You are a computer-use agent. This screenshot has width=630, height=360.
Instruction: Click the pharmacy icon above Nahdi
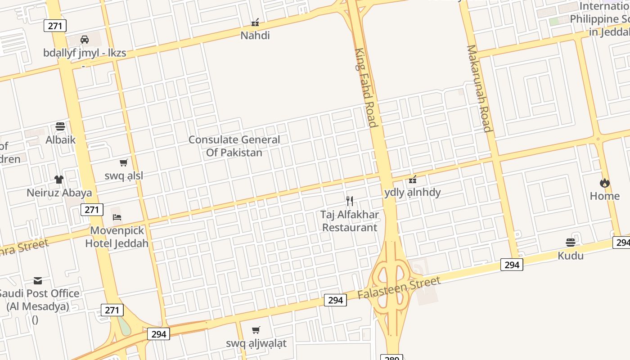(x=255, y=22)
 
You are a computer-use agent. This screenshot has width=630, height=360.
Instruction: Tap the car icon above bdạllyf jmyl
(x=85, y=40)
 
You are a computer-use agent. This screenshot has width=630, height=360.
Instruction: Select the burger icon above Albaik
(x=60, y=126)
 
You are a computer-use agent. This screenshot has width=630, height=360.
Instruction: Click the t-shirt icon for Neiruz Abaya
(x=59, y=180)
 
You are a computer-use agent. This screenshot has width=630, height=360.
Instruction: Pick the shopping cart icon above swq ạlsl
(x=124, y=162)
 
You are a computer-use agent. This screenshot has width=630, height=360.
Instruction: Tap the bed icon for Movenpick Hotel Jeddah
(x=117, y=217)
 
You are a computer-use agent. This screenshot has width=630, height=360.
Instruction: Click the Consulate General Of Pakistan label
(x=234, y=146)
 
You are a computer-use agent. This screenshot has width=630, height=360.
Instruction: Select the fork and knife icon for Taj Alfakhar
(x=350, y=201)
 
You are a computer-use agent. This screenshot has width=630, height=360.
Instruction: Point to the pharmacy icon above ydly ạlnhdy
(x=413, y=180)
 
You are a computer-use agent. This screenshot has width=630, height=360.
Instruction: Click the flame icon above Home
(x=604, y=183)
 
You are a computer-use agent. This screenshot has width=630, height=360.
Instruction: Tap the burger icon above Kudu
(x=571, y=243)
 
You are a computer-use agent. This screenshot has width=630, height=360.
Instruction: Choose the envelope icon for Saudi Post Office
(x=38, y=281)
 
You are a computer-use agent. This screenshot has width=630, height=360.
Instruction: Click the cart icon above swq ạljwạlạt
(x=256, y=330)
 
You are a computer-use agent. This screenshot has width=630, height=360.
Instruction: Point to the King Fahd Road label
(x=365, y=88)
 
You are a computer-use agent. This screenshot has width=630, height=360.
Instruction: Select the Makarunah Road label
(x=479, y=88)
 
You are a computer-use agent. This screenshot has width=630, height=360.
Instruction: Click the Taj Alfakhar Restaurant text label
(x=350, y=221)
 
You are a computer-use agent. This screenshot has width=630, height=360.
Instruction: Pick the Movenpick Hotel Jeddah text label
(x=117, y=237)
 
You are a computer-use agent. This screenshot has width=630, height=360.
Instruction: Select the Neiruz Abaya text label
(x=59, y=193)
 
